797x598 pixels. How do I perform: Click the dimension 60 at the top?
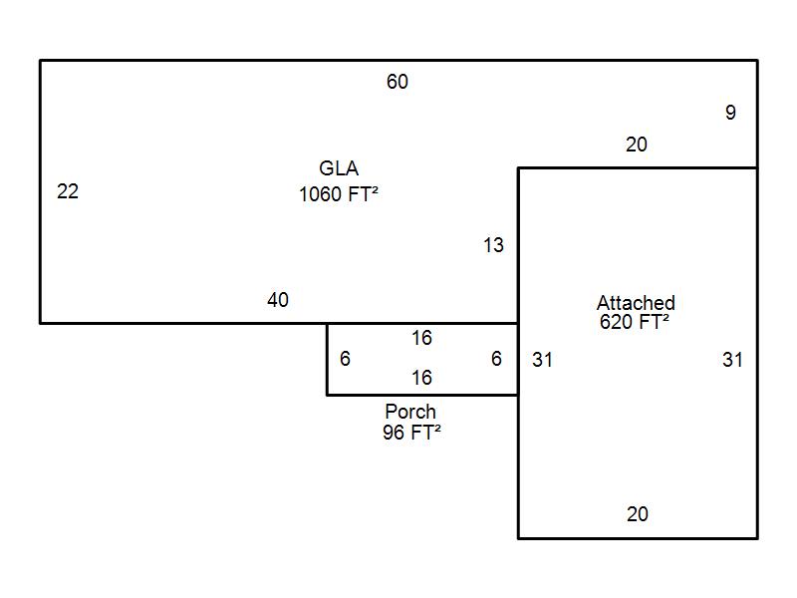pos(397,82)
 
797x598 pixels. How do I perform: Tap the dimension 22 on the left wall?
pos(68,191)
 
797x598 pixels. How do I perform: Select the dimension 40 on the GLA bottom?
pos(278,300)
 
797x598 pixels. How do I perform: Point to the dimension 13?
pos(493,245)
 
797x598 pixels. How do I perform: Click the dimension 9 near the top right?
pos(730,113)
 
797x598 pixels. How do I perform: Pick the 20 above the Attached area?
pos(637,145)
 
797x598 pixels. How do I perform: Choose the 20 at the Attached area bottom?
pos(638,514)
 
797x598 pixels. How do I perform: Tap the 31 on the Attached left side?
pos(542,360)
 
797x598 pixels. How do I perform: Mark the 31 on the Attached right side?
pos(732,360)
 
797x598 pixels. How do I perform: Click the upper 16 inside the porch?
pos(421,338)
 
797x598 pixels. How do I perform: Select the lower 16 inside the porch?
pos(421,378)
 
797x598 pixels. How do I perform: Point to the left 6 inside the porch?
pos(345,359)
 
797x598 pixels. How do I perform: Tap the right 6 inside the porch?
pos(496,359)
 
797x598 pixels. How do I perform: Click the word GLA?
pos(339,168)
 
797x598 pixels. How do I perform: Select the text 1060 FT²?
pos(339,194)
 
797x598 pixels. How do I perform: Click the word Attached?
pos(636,303)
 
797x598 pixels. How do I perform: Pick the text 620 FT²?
pos(635,322)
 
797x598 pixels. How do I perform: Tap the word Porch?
pos(410,411)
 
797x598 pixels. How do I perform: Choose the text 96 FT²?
pos(411,433)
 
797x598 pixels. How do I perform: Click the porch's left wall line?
pos(328,359)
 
